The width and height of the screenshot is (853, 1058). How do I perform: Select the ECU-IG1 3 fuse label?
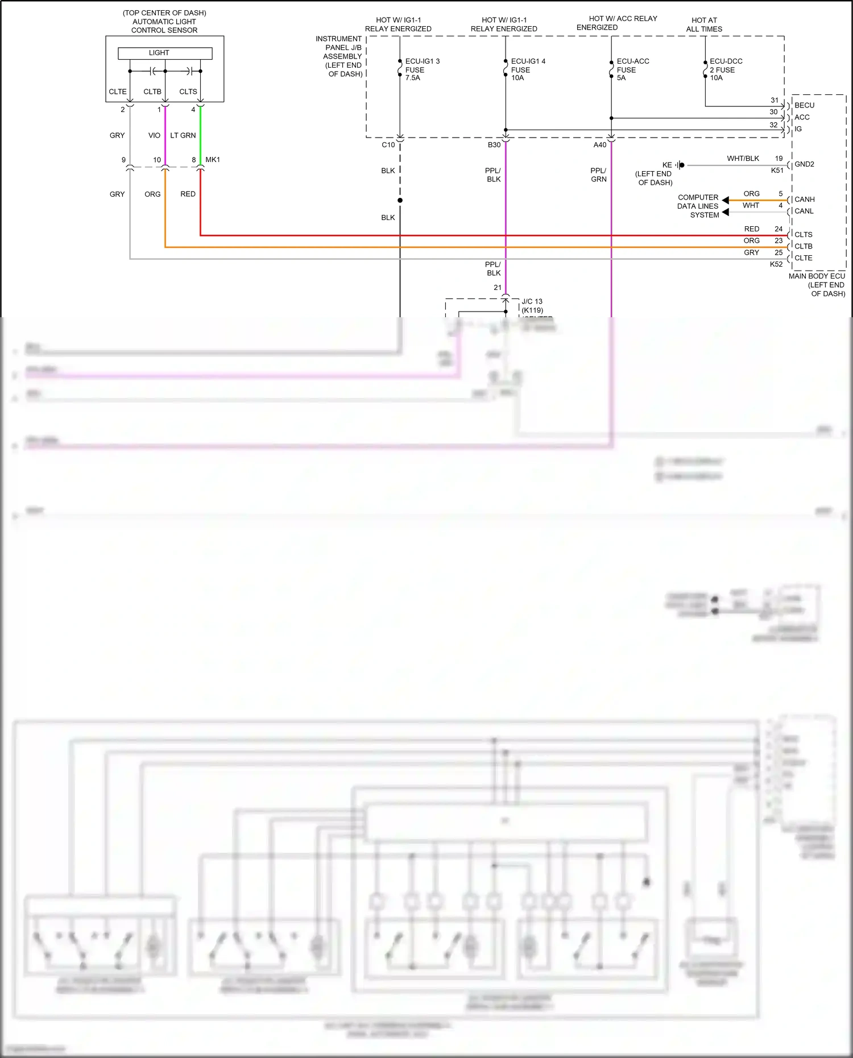(x=422, y=69)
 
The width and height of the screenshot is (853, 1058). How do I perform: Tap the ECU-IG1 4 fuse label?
(x=528, y=69)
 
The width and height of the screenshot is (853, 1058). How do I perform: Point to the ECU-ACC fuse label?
(x=632, y=69)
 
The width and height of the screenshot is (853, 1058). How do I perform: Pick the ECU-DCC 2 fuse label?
(x=726, y=69)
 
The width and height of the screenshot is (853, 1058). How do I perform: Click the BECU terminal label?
(x=804, y=105)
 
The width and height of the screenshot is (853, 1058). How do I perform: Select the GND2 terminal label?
(x=804, y=164)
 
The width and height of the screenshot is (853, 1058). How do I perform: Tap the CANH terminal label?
(x=804, y=200)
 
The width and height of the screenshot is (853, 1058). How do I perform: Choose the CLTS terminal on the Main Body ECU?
(x=803, y=235)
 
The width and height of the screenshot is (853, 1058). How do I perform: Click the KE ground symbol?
(x=680, y=165)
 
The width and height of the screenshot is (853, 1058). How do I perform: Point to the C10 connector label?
(x=388, y=145)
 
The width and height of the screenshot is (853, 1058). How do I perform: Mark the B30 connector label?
(x=494, y=145)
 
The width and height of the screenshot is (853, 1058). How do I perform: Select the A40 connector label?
(x=599, y=145)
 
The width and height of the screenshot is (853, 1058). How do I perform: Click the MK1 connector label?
(x=213, y=160)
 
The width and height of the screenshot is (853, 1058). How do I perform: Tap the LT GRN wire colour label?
(x=183, y=135)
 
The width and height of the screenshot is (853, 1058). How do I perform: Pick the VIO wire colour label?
(x=154, y=135)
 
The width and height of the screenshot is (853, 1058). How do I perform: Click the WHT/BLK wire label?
(x=743, y=159)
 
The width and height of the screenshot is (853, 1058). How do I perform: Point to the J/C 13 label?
(x=532, y=301)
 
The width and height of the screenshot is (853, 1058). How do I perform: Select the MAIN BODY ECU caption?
(x=817, y=276)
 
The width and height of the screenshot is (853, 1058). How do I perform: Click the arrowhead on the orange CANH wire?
(x=726, y=200)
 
